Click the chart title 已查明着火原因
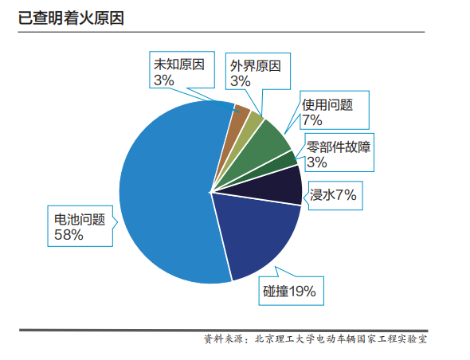click(x=71, y=18)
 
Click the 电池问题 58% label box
click(x=80, y=226)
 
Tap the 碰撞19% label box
click(x=292, y=291)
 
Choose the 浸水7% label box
click(x=335, y=195)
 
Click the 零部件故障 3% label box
click(x=339, y=153)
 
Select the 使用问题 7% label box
click(x=335, y=110)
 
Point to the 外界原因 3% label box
click(x=258, y=72)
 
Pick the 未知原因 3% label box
click(x=182, y=70)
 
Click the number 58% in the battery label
click(x=69, y=235)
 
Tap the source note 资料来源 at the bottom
click(x=224, y=339)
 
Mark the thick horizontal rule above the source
click(x=224, y=331)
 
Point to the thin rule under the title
click(x=221, y=32)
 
